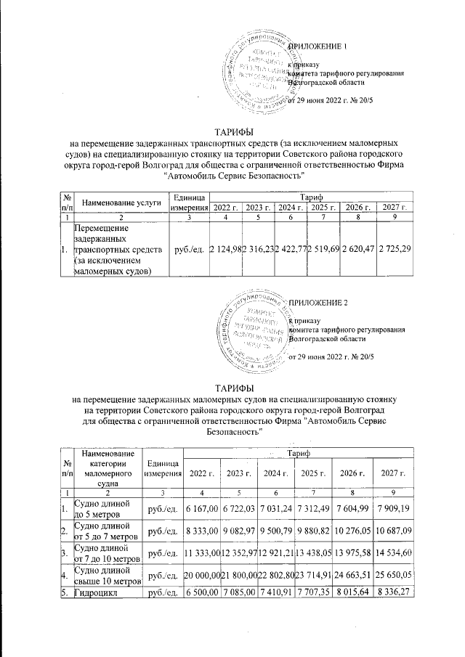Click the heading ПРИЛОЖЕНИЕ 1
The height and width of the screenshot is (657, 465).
[320, 47]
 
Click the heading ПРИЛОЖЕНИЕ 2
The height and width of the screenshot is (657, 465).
[320, 301]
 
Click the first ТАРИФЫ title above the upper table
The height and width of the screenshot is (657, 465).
[232, 132]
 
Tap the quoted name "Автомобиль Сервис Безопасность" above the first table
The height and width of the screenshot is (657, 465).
[232, 176]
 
